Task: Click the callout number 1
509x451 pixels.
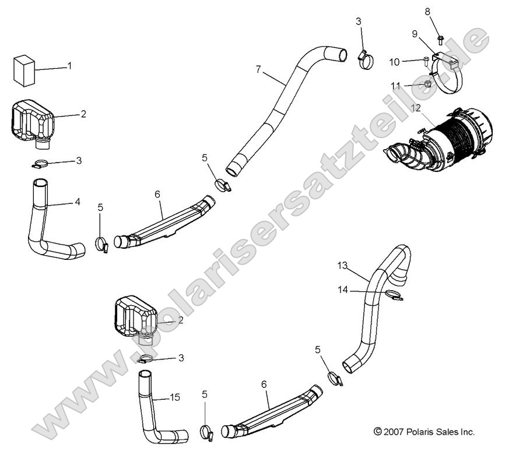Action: [69, 66]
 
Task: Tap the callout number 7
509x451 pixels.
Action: [258, 69]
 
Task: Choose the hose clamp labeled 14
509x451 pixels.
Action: [392, 296]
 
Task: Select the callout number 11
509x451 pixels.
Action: [395, 86]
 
